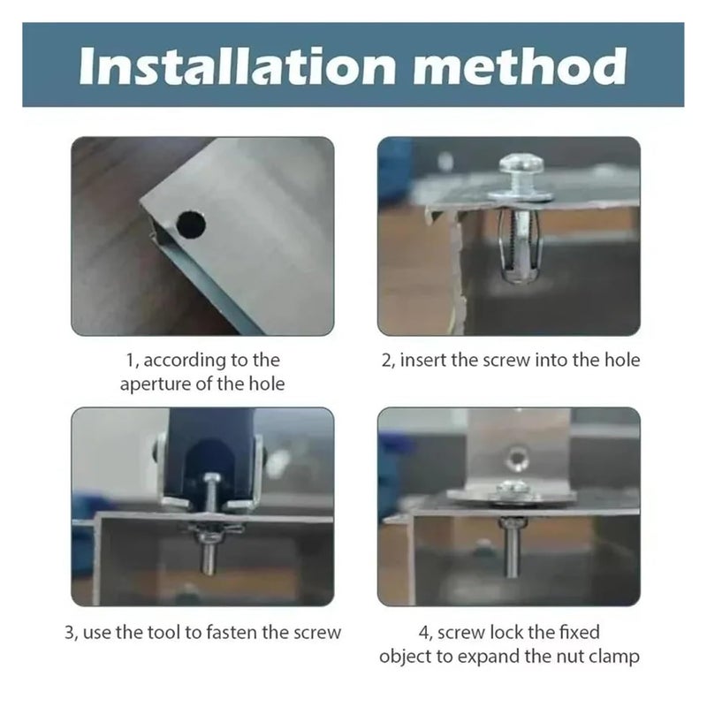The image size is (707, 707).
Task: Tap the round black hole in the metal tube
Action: coord(191,224)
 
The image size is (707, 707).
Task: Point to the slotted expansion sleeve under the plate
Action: coord(521,246)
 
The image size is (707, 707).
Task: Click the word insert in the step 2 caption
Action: coord(423,361)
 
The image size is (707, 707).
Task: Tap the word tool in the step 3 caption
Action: coord(165,633)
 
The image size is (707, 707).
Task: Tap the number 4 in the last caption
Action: coord(425,633)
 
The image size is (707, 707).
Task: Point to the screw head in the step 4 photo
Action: coord(513,488)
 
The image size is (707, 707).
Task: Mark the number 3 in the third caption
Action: coord(70,633)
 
